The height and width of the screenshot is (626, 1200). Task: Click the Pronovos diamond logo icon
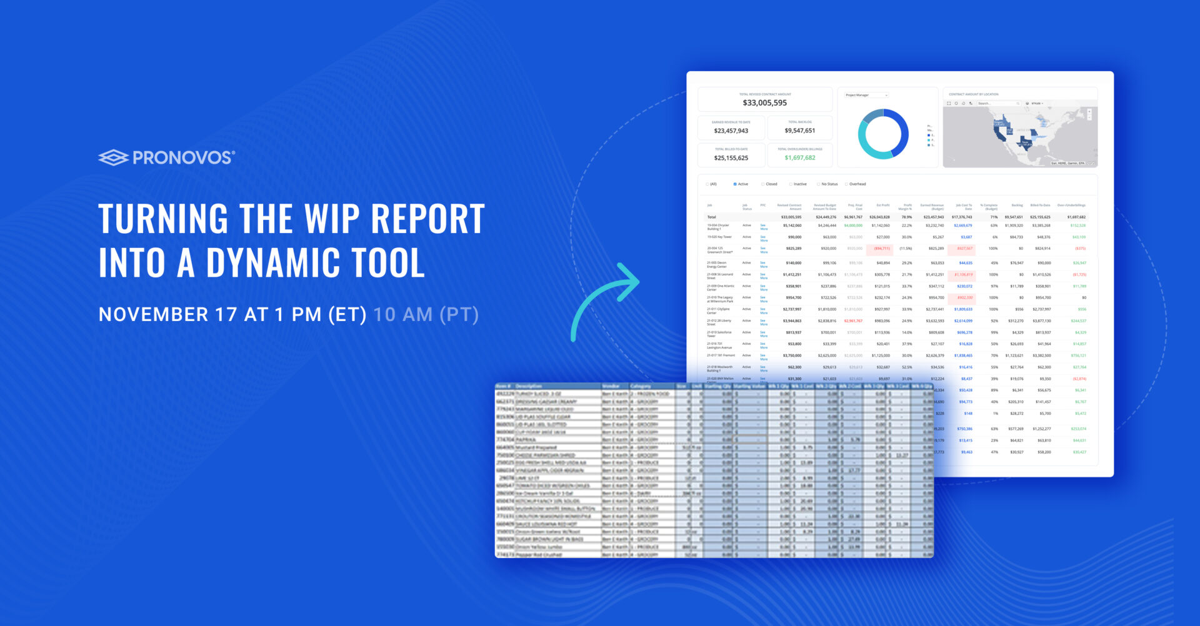pyautogui.click(x=113, y=157)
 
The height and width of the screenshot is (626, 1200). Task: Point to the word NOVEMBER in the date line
pyautogui.click(x=153, y=314)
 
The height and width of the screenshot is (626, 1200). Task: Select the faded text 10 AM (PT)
pyautogui.click(x=426, y=314)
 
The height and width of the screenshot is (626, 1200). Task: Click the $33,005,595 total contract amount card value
pyautogui.click(x=764, y=103)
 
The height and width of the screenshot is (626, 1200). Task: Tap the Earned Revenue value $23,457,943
pyautogui.click(x=731, y=131)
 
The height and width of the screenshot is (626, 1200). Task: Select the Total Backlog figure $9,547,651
pyautogui.click(x=799, y=131)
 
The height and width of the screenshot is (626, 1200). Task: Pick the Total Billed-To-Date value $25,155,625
pyautogui.click(x=731, y=158)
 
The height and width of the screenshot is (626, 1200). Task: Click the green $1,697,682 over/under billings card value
pyautogui.click(x=799, y=158)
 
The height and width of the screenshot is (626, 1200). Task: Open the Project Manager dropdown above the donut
pyautogui.click(x=866, y=95)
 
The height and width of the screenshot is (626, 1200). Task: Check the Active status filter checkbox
pyautogui.click(x=735, y=184)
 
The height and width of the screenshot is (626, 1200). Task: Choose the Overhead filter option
pyautogui.click(x=857, y=184)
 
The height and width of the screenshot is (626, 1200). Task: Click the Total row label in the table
pyautogui.click(x=712, y=217)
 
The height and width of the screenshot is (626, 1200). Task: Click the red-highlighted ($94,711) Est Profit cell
pyautogui.click(x=881, y=249)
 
